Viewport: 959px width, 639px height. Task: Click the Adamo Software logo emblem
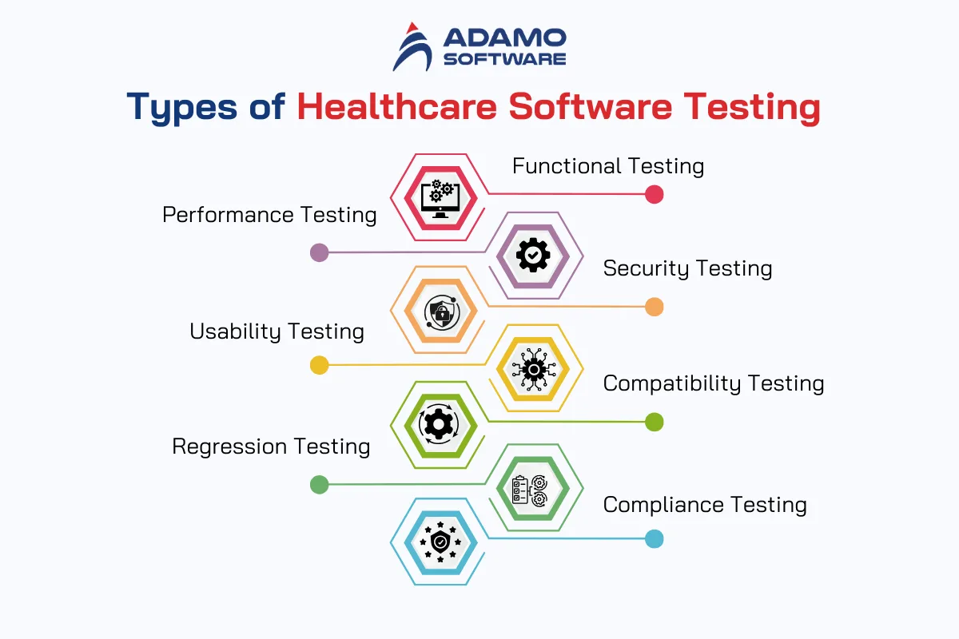(412, 47)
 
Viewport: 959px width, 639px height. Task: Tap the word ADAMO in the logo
(505, 38)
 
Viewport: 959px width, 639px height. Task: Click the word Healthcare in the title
(397, 106)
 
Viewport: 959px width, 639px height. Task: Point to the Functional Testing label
(608, 166)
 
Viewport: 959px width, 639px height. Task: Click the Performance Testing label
(269, 215)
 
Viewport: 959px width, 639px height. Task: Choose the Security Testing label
(687, 268)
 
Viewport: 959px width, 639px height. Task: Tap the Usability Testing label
(277, 331)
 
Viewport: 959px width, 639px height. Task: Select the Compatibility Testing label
(714, 383)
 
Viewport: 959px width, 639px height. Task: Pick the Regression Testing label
(271, 447)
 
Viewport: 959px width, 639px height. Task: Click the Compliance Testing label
(705, 505)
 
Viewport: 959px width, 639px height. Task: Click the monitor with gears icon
(440, 199)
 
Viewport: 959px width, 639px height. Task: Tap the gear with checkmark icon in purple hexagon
(533, 256)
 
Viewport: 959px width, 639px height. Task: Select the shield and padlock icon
(442, 312)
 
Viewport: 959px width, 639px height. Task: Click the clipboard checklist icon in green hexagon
(530, 490)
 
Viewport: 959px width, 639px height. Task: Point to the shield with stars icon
(440, 542)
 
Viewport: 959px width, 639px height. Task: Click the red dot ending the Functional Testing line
(655, 194)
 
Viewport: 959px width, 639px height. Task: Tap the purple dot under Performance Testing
(320, 252)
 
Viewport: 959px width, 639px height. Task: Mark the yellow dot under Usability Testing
(320, 365)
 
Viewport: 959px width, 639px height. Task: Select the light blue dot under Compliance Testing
(655, 538)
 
